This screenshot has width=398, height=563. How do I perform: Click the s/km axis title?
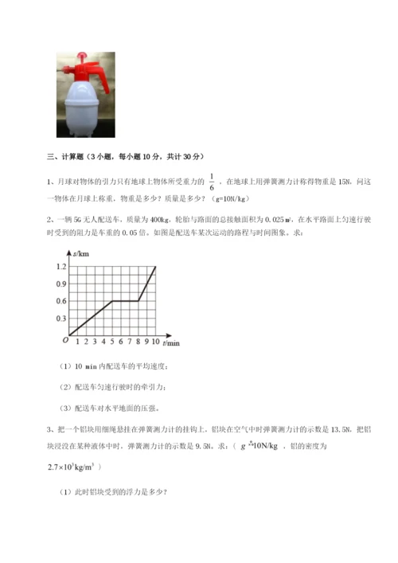(x=80, y=252)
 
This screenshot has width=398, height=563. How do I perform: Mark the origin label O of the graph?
(x=64, y=341)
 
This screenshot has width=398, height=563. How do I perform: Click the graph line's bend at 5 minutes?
(x=112, y=301)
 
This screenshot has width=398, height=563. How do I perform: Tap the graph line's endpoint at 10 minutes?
(x=156, y=267)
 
